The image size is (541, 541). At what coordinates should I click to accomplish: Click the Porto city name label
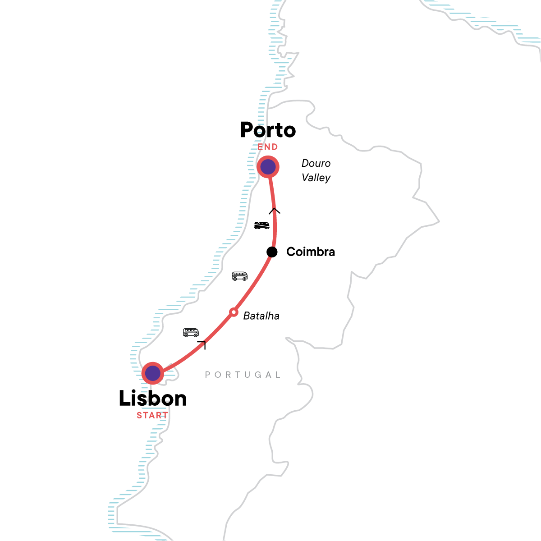[268, 130]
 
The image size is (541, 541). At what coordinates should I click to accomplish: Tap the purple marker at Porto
[268, 167]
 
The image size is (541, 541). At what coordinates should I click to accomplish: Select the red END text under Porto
[268, 147]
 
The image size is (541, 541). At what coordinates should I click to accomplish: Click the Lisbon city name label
[153, 399]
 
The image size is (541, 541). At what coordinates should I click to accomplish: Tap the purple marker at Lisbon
[153, 373]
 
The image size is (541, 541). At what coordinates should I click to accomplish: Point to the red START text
[152, 415]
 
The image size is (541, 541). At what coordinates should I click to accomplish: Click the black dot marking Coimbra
[272, 252]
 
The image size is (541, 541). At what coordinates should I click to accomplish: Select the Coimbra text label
[311, 252]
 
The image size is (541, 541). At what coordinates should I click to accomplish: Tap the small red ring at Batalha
[234, 312]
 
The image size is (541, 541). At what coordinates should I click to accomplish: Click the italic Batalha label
[261, 316]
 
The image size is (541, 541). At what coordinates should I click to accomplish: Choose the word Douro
[316, 163]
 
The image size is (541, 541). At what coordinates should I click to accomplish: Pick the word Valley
[316, 178]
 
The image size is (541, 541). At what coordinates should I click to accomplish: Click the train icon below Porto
[261, 225]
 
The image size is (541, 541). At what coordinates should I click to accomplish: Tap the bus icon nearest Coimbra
[239, 276]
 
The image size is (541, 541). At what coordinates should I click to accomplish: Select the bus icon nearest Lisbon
[191, 333]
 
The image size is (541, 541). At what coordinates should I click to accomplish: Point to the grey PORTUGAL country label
[243, 375]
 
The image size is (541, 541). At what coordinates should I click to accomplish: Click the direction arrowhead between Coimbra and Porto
[275, 211]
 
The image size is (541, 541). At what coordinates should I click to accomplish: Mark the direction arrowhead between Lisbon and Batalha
[202, 345]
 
